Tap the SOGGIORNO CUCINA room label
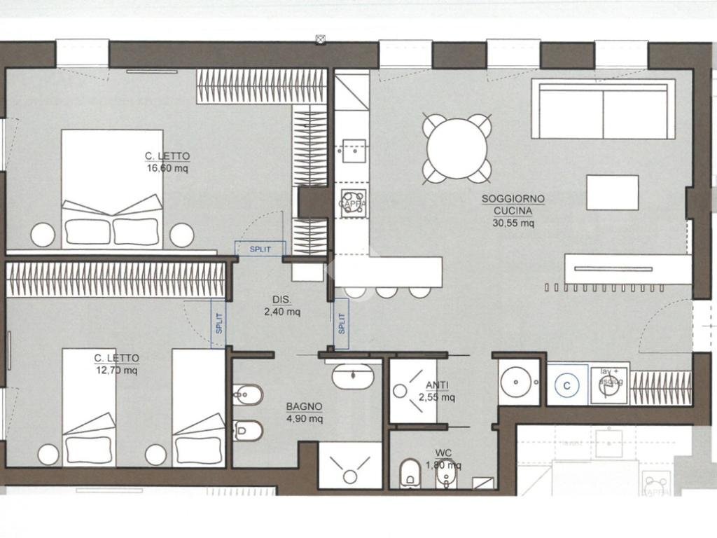513,205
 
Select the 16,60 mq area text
167,168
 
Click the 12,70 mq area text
116,371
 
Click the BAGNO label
304,406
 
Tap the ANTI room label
437,385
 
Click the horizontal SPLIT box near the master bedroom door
260,248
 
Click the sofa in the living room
603,109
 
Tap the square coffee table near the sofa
612,193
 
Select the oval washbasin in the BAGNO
353,378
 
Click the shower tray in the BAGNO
350,465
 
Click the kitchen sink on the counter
353,149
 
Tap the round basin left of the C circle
519,382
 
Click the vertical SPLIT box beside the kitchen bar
341,324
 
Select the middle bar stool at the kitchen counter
387,291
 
